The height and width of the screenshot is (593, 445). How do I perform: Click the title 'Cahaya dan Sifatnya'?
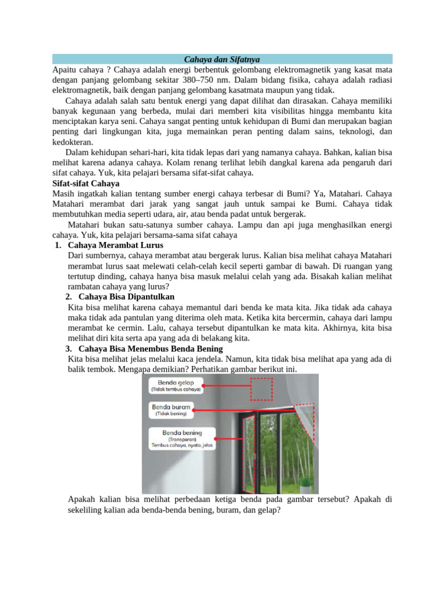click(222, 59)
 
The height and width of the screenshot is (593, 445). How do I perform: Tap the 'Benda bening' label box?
click(182, 438)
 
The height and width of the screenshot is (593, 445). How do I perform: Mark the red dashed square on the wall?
click(261, 389)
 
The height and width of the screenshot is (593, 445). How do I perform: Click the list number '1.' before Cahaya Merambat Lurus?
click(57, 246)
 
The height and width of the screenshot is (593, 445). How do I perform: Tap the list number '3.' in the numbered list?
click(68, 348)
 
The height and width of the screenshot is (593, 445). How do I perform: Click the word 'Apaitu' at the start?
click(64, 69)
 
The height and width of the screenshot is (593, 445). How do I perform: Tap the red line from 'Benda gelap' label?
click(226, 383)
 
